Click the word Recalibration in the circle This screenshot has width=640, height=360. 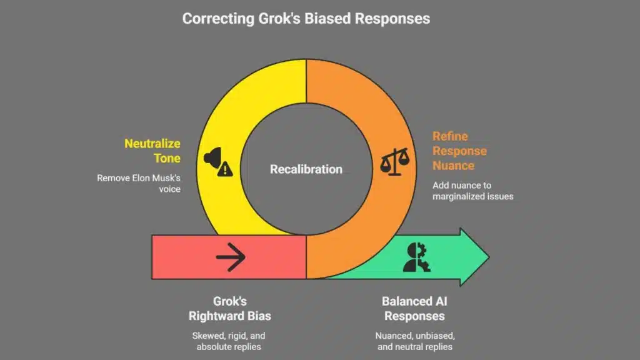point(306,169)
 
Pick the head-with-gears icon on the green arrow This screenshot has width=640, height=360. point(416,256)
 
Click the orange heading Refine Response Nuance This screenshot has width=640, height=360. point(459,151)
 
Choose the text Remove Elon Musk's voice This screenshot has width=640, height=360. point(139,183)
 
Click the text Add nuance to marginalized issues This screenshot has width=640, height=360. point(473,191)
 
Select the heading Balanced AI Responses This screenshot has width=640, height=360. point(414,309)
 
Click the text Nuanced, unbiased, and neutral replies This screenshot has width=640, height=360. point(414,341)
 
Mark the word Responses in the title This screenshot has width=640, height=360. point(392,19)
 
